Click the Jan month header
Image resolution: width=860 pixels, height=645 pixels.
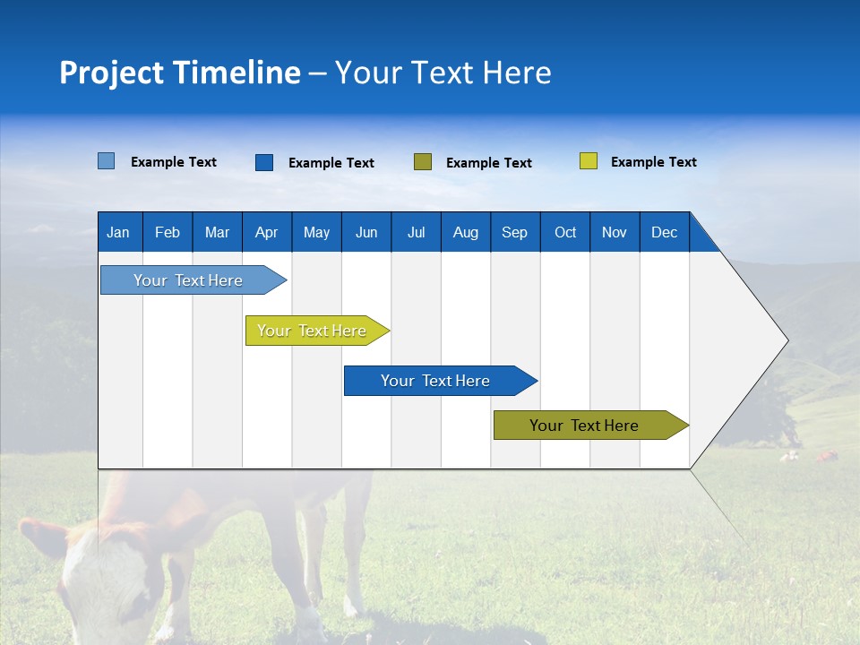[119, 232]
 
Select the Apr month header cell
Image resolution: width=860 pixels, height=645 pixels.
[267, 232]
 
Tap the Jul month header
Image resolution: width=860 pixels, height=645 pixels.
[416, 232]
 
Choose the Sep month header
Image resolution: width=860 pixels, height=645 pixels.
[514, 232]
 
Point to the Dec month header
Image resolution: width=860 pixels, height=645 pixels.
[664, 232]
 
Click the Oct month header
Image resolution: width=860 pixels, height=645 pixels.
[565, 232]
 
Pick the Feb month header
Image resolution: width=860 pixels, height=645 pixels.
[168, 232]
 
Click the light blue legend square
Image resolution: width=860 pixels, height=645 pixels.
[107, 161]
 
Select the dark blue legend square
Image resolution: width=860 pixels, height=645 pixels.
[264, 162]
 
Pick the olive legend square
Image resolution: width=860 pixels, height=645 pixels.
[423, 161]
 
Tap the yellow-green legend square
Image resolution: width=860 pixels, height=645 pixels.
[589, 161]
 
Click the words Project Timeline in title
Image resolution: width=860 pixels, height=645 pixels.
[179, 73]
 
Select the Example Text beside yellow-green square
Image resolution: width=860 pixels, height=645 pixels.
[653, 162]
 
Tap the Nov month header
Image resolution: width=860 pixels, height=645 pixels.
[615, 232]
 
